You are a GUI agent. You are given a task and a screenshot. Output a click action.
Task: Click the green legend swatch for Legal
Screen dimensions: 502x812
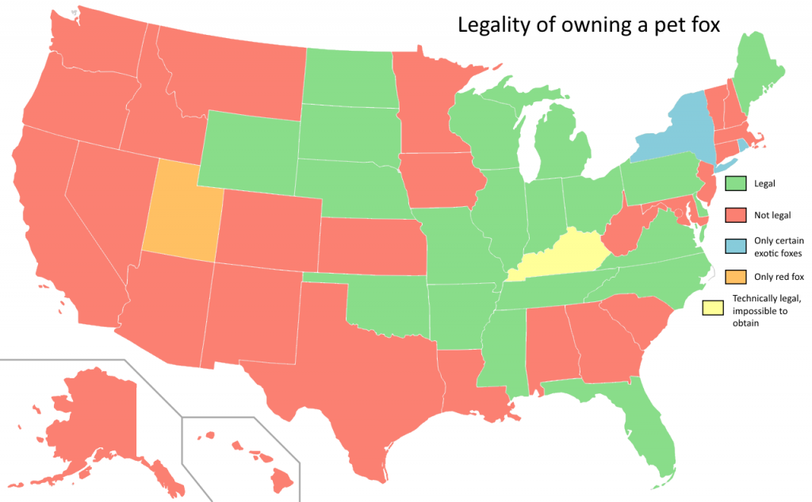[x=737, y=183]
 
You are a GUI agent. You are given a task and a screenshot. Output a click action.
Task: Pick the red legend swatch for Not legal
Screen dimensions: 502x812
[x=737, y=215]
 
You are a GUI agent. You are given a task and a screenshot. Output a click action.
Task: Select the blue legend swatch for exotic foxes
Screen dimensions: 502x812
[x=737, y=246]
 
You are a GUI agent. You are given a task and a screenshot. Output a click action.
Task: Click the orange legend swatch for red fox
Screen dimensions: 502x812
[x=737, y=277]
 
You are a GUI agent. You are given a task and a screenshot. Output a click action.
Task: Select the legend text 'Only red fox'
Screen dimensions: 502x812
[x=777, y=277]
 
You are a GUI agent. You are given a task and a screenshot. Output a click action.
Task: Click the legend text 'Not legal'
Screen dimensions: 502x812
[x=774, y=215]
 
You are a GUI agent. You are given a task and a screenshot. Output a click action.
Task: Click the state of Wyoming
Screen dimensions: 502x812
[x=250, y=151]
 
